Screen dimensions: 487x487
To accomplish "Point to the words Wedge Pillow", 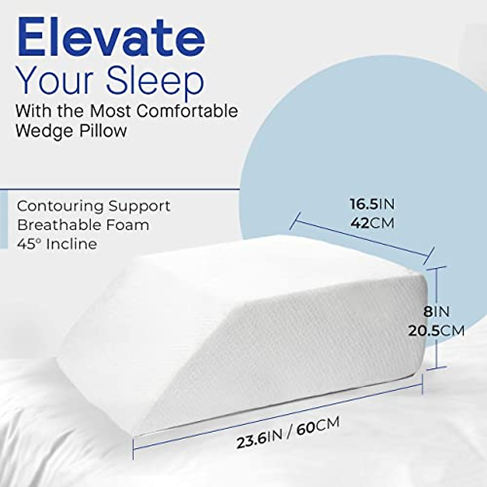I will point(71,131).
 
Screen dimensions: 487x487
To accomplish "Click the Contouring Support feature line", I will point(93,206).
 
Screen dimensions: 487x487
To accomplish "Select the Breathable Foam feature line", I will point(83,224).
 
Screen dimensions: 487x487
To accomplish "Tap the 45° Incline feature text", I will point(57,243).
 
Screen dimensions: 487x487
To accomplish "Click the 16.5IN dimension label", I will point(372,204).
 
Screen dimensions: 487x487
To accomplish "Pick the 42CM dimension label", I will point(372,223).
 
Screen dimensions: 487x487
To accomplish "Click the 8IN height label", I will point(436,312).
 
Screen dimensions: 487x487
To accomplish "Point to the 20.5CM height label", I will point(436,331).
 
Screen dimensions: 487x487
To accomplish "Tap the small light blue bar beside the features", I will point(4,220).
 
